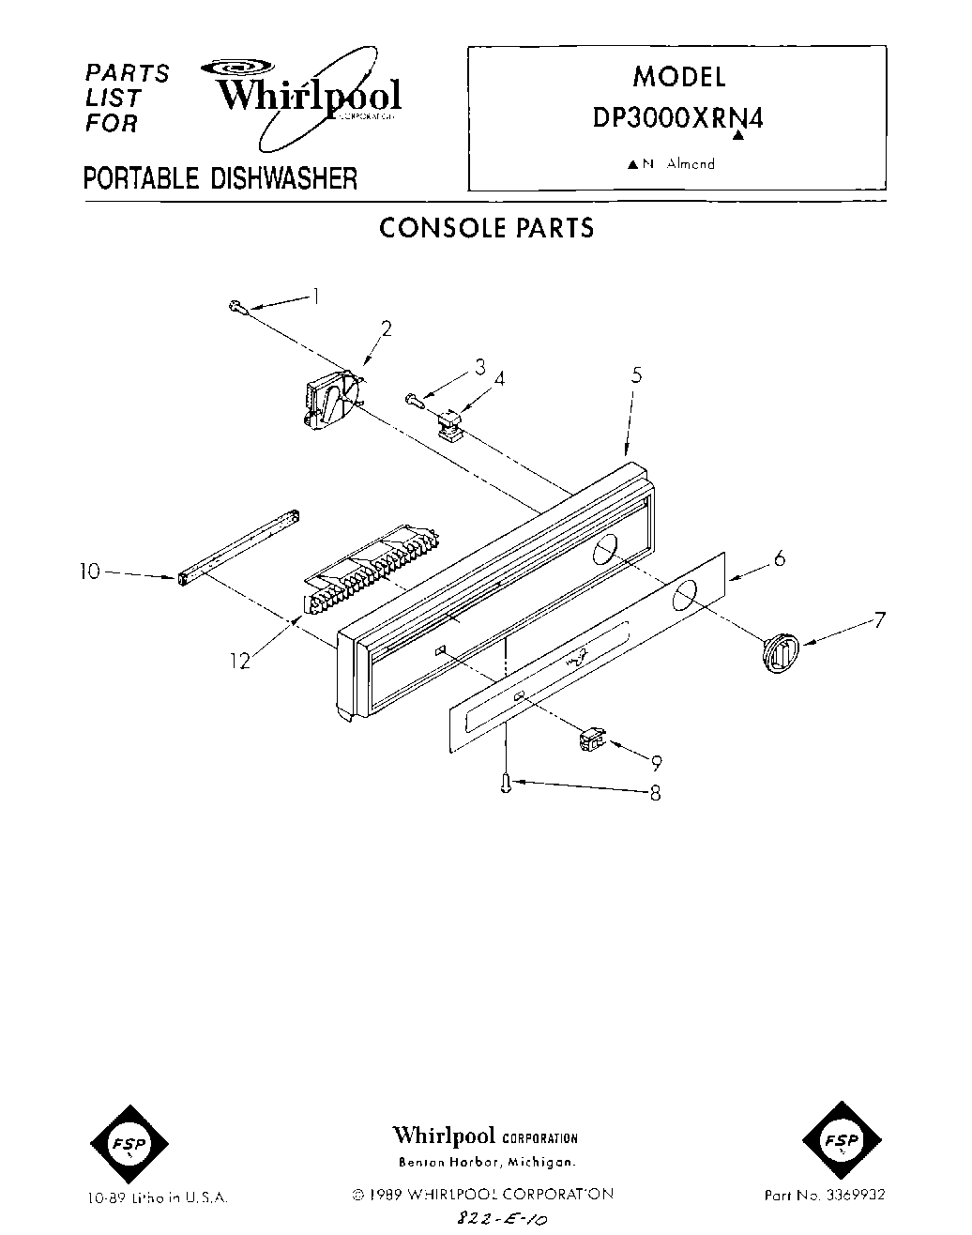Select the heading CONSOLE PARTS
tap(486, 228)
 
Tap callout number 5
tap(636, 375)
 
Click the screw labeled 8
tap(507, 783)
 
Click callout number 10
tap(90, 571)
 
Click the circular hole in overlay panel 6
tap(686, 594)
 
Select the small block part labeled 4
tap(448, 425)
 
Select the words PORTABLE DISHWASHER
tap(220, 177)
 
